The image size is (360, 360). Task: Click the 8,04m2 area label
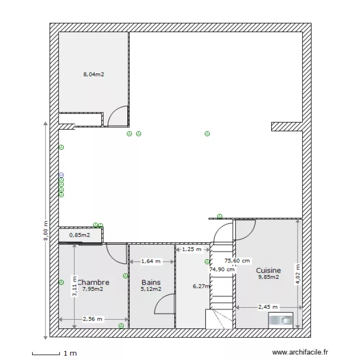coord(94,74)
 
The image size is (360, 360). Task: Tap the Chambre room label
coord(94,282)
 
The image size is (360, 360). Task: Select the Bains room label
coord(151,282)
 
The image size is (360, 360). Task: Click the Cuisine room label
coord(268,271)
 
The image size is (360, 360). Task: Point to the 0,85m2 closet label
coord(79,235)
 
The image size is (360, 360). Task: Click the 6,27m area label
coord(201,286)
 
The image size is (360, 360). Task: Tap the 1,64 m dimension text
coord(151,261)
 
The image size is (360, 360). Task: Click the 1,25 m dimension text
coord(192,249)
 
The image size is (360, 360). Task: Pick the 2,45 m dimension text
coord(267,307)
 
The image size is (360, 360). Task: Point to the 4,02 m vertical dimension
coord(298,274)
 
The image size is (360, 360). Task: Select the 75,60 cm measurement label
coord(238,261)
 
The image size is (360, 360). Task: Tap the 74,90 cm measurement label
coord(222,269)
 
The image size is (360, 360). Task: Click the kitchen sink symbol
coord(281,319)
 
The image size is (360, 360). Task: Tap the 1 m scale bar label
coord(70,353)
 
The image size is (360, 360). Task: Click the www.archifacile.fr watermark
coord(300,352)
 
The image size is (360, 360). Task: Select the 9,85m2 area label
coord(268,277)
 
